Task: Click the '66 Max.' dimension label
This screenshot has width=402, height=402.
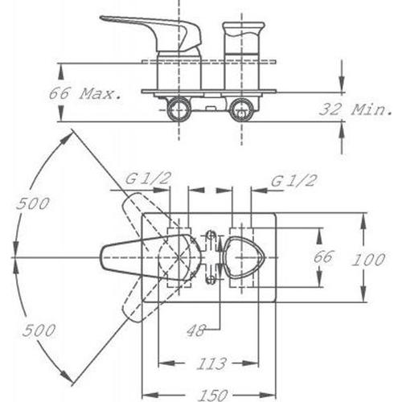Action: [85, 93]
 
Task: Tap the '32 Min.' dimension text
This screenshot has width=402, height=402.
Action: [355, 109]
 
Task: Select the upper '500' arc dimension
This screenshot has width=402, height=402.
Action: [33, 203]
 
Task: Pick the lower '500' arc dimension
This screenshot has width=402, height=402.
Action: [39, 330]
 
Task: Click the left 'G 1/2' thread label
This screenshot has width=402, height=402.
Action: [148, 178]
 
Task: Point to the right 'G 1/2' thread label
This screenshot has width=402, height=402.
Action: [294, 181]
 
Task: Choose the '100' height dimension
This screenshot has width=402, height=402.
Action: [368, 260]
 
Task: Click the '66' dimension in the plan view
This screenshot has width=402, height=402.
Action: [323, 257]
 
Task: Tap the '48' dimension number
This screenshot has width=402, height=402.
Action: [196, 330]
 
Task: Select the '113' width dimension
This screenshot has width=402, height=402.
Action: [211, 363]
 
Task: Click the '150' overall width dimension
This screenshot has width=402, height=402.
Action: [214, 395]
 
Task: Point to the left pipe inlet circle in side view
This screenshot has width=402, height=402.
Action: [178, 109]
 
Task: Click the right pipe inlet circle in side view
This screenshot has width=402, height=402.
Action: [242, 109]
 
